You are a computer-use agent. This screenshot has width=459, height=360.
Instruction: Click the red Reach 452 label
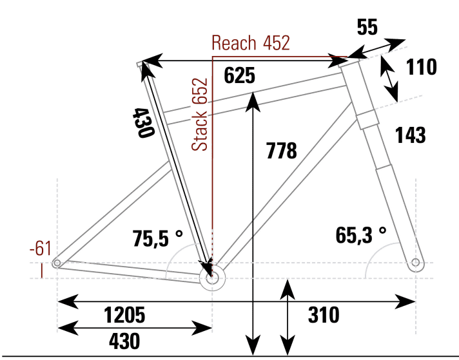[251, 43]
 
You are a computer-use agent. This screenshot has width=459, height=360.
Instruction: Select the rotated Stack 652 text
[201, 115]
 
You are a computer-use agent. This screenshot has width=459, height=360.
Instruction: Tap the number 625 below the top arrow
[240, 75]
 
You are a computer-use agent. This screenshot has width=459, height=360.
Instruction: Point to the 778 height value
[281, 151]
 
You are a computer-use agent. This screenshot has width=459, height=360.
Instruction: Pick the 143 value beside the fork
[410, 135]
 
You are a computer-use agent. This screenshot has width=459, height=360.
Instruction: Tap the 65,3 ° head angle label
[362, 235]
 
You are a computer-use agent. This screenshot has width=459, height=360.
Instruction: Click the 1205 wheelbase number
[124, 316]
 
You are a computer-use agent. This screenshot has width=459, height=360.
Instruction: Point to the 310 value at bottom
[324, 316]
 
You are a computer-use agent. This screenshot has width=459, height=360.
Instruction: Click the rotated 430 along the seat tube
[143, 122]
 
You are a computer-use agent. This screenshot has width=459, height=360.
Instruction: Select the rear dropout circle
[58, 263]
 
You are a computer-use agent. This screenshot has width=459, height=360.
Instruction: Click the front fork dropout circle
[416, 263]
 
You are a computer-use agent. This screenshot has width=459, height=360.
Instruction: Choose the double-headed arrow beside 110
[389, 79]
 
